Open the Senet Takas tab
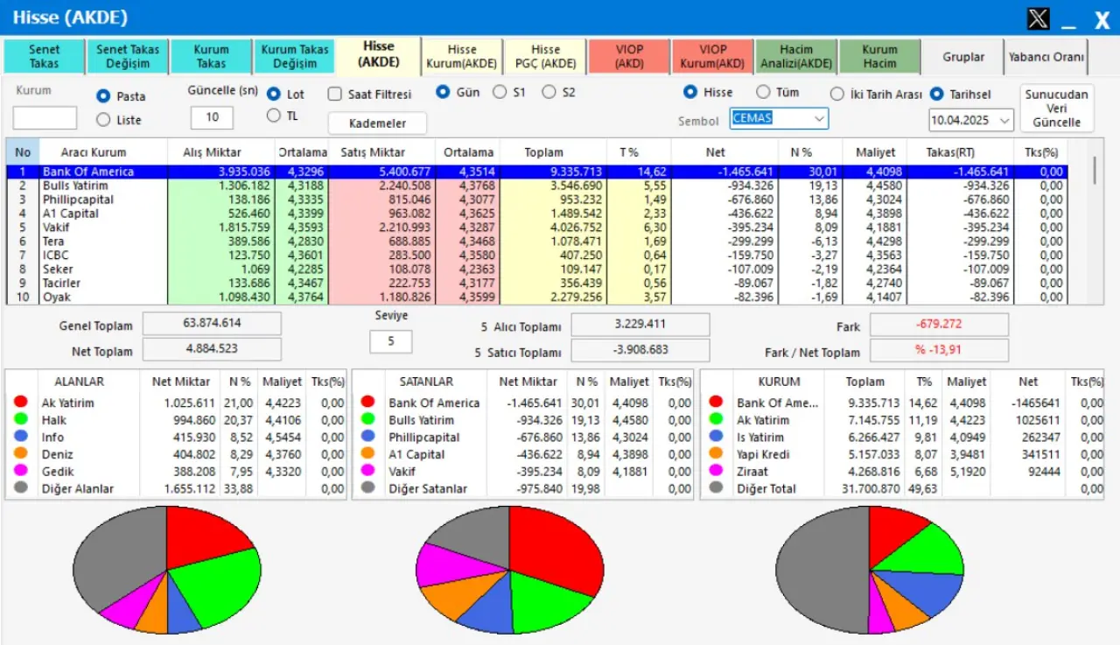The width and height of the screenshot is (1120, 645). pos(45,56)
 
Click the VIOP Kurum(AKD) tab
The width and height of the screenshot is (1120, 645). pos(713,56)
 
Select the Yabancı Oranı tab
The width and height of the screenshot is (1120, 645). pos(1046,57)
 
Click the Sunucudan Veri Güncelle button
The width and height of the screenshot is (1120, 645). pos(1056,108)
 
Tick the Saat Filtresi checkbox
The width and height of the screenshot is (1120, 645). pos(335,94)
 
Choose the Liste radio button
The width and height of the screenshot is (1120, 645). pos(104,120)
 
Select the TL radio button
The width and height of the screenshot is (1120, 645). pos(274,116)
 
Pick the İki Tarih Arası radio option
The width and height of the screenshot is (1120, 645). pos(837,94)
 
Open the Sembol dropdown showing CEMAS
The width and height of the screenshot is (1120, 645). pos(779,118)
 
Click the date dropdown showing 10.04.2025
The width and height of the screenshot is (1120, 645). pos(970,120)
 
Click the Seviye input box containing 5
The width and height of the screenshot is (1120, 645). pos(390,341)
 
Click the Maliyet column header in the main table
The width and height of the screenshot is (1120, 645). pos(875,152)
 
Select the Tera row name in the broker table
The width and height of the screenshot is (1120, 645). pos(53,241)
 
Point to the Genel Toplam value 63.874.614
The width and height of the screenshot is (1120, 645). pos(212,323)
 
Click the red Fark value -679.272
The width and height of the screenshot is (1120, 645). pos(939,325)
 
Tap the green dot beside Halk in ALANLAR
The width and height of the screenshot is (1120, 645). pos(21,419)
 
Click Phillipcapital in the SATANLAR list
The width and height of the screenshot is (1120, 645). pos(424,437)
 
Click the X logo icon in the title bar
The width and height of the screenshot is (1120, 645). pos(1038,18)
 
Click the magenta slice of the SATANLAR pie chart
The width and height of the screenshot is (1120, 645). pos(445,564)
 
